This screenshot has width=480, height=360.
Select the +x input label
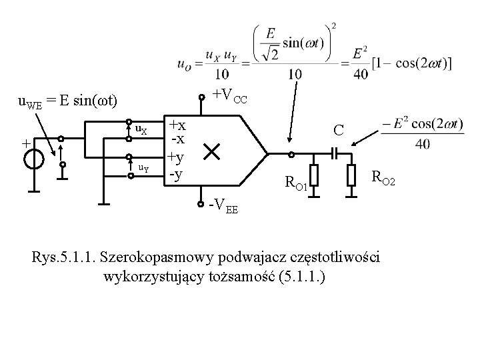pyautogui.click(x=177, y=125)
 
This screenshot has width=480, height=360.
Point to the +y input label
pyautogui.click(x=177, y=157)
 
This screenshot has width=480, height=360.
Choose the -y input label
pyautogui.click(x=177, y=174)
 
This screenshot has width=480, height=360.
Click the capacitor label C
pyautogui.click(x=338, y=130)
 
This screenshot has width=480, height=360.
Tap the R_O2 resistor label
pyautogui.click(x=385, y=177)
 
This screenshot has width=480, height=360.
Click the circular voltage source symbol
pyautogui.click(x=35, y=160)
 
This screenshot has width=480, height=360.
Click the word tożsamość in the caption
pyautogui.click(x=249, y=277)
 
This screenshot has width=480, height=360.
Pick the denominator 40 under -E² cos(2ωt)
pyautogui.click(x=422, y=144)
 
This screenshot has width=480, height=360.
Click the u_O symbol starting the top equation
pyautogui.click(x=186, y=64)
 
